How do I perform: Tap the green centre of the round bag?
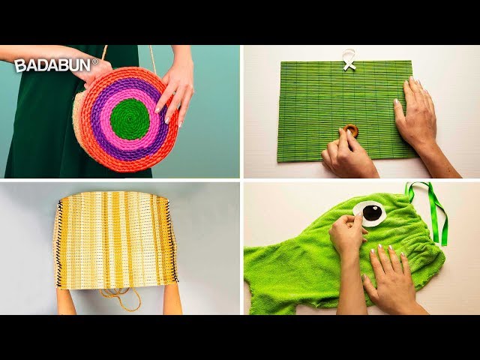point(130,119)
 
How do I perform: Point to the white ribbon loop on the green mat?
point(349,60)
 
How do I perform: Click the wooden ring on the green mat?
point(350,130)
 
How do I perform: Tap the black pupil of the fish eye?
point(372,213)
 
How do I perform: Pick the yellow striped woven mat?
point(115,240)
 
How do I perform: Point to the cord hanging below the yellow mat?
point(121,298)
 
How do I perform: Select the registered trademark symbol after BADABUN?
point(95,61)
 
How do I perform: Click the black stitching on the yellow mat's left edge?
point(58,241)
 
